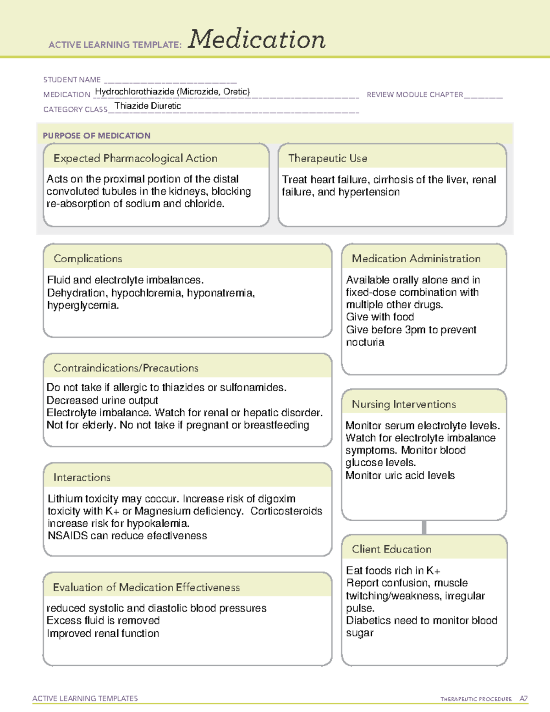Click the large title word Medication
pyautogui.click(x=257, y=39)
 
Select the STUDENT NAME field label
pyautogui.click(x=72, y=80)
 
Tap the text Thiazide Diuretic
pyautogui.click(x=148, y=106)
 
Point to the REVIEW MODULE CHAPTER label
pyautogui.click(x=415, y=94)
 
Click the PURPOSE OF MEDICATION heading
pyautogui.click(x=97, y=136)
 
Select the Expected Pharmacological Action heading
pyautogui.click(x=135, y=159)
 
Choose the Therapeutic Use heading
pyautogui.click(x=328, y=159)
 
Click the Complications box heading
pyautogui.click(x=88, y=259)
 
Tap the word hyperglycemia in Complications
pyautogui.click(x=82, y=305)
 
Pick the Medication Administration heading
pyautogui.click(x=416, y=259)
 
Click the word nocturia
pyautogui.click(x=365, y=342)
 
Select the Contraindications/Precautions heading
pyautogui.click(x=126, y=368)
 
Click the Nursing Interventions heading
pyautogui.click(x=404, y=404)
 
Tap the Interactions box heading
pyautogui.click(x=82, y=478)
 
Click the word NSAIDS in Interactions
pyautogui.click(x=68, y=536)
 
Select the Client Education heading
pyautogui.click(x=392, y=549)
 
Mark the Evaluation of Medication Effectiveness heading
pyautogui.click(x=146, y=587)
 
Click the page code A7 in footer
pyautogui.click(x=523, y=699)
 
